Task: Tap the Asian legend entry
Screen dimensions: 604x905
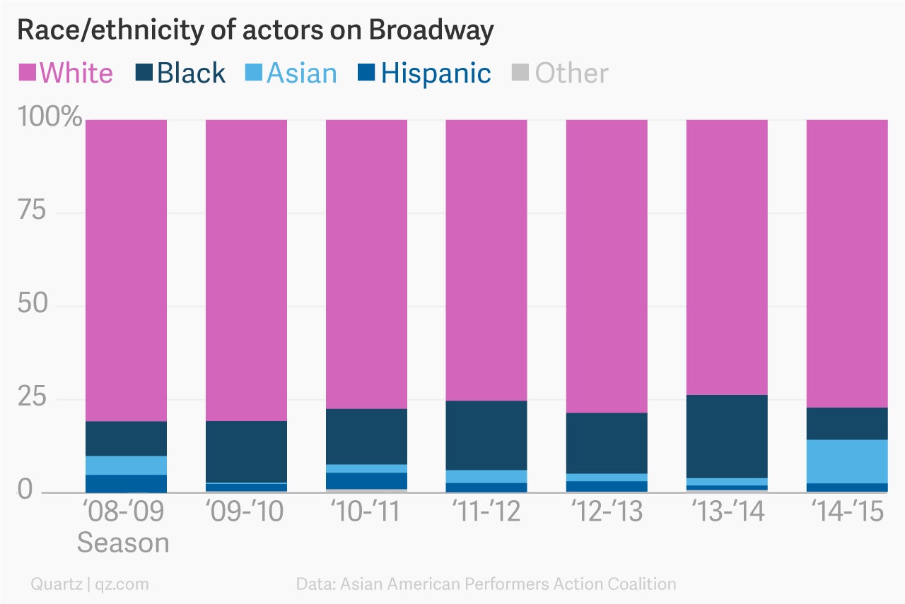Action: (291, 73)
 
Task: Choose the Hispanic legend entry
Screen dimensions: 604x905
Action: (424, 73)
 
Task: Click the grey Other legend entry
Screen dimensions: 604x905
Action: (560, 73)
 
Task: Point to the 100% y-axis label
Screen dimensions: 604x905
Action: (49, 117)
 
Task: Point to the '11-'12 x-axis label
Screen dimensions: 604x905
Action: (486, 511)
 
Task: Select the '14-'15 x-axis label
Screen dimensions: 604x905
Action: (847, 511)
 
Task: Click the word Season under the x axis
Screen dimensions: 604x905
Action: (123, 543)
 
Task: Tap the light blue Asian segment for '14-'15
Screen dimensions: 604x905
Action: (847, 461)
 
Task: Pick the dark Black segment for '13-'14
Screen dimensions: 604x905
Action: (727, 436)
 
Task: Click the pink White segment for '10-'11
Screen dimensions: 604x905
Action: (366, 264)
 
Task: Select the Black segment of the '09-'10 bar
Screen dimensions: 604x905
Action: (246, 451)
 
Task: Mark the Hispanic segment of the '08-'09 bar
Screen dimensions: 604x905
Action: (126, 483)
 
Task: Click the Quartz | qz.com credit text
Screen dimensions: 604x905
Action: (90, 584)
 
